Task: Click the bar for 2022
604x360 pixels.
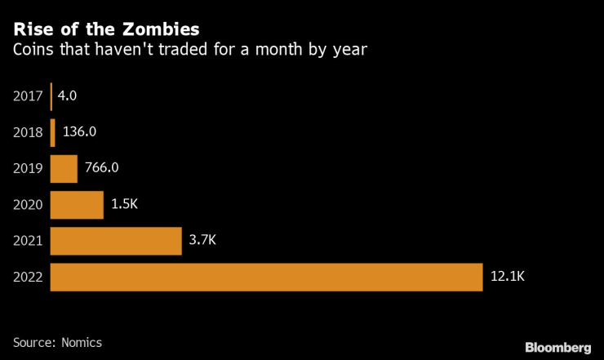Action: coord(266,277)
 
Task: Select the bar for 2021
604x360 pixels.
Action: coord(116,241)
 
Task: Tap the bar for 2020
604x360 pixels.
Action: coord(77,205)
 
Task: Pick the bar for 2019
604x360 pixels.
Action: coord(64,169)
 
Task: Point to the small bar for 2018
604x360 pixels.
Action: coord(53,133)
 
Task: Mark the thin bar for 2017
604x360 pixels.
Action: coord(51,96)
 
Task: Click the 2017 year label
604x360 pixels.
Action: coord(29,96)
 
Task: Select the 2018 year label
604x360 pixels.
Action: coord(29,133)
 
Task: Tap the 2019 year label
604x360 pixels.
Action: coord(29,169)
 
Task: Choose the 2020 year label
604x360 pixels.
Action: coord(29,205)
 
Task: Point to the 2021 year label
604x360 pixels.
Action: coord(29,241)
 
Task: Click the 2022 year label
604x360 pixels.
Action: coord(29,277)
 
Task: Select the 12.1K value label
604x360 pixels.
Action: coord(507,277)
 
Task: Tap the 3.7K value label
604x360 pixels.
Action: coord(202,241)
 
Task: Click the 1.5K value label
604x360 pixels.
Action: coord(124,205)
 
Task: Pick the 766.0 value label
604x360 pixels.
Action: coord(102,169)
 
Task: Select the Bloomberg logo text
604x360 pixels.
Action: coord(557,348)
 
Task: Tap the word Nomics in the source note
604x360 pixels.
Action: coord(82,341)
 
